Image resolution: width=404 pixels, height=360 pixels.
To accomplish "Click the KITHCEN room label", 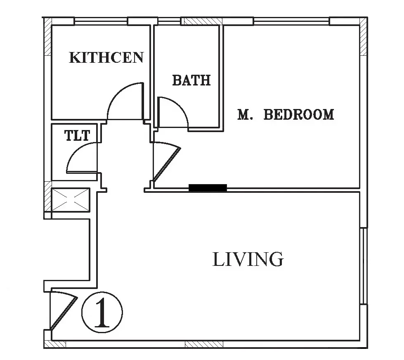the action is click(x=106, y=57).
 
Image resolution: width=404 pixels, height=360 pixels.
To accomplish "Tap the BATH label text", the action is click(x=191, y=80).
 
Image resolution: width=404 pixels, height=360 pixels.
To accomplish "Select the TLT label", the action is click(x=77, y=135).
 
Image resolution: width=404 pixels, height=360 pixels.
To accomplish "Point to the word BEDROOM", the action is click(x=299, y=115).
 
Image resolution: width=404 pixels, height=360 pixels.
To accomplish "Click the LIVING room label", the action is click(x=248, y=259).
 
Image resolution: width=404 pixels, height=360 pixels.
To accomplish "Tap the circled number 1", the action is click(x=102, y=313).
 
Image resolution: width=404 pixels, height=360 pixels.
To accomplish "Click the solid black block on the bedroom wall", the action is click(x=208, y=188).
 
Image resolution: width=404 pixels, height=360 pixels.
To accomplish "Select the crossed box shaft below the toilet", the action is click(x=70, y=200).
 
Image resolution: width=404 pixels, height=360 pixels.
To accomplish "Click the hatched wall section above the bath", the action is click(x=202, y=21).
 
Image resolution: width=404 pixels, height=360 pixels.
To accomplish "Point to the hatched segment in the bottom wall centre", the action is click(x=204, y=344).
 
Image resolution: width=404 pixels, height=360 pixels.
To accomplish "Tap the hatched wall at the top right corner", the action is click(x=363, y=36).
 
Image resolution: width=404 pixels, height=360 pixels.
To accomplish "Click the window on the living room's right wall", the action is click(x=364, y=266).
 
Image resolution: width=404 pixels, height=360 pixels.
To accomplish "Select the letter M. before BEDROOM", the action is click(x=245, y=115).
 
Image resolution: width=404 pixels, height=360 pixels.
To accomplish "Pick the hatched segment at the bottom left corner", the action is click(x=55, y=344).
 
